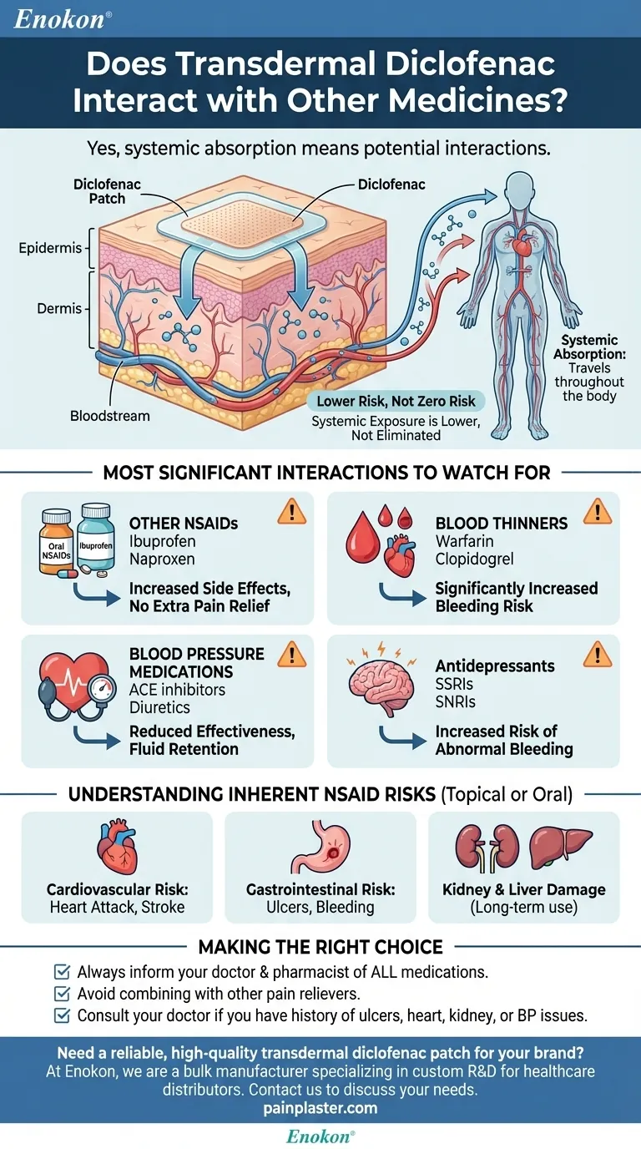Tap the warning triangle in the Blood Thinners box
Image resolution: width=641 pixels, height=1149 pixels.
coord(597,510)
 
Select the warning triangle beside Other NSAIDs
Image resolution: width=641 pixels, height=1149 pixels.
coord(290,510)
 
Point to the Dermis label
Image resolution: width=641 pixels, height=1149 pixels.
coord(59,308)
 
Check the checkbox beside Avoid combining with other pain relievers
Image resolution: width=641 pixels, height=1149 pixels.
coord(61,994)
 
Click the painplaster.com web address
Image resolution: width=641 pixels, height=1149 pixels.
coord(320,1108)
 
